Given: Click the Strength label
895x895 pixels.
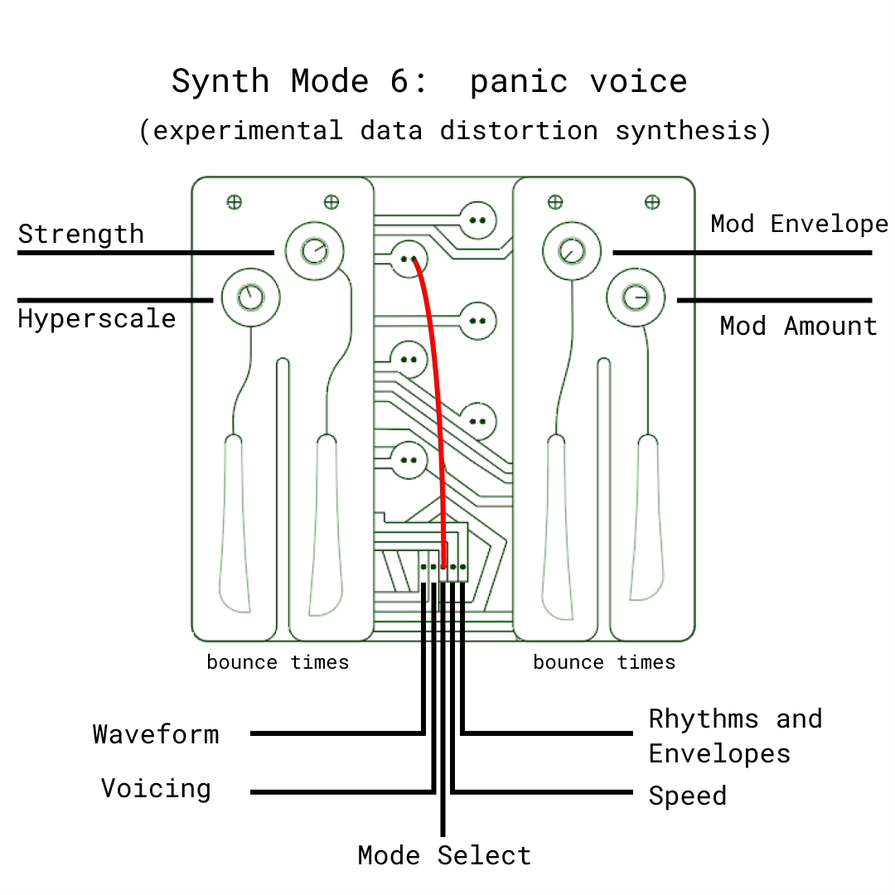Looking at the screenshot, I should click(80, 235).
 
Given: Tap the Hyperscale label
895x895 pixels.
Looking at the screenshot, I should click(97, 319).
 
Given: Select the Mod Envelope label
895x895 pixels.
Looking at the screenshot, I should click(799, 224).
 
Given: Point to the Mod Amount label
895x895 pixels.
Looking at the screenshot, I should click(798, 327).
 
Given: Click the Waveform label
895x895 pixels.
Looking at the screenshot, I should click(156, 734).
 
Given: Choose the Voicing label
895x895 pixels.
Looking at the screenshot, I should click(156, 788).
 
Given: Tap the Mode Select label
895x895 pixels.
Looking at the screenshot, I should click(444, 855).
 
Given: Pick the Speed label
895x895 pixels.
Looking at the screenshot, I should click(687, 796).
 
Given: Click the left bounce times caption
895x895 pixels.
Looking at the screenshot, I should click(278, 662).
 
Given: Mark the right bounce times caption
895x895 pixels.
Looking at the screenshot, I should click(604, 662).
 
